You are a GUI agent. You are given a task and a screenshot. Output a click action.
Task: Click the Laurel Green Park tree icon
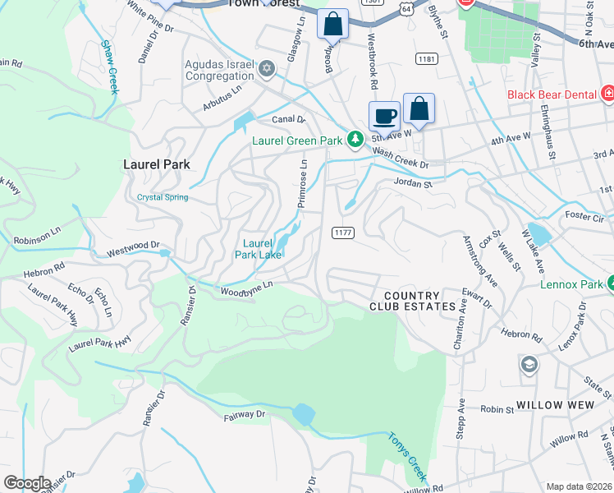pos(355,141)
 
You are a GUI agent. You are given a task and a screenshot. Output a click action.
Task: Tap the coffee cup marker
pos(383,116)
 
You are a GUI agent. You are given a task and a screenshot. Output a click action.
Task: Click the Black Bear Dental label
pos(551,94)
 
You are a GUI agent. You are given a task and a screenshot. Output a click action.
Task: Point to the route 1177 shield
pos(343,233)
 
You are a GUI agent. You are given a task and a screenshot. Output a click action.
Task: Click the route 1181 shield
pos(426,59)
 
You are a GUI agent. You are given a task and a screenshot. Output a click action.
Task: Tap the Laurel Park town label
pos(156,164)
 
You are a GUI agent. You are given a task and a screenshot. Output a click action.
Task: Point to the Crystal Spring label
pos(163,197)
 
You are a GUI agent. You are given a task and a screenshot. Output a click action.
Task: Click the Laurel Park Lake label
pos(258,249)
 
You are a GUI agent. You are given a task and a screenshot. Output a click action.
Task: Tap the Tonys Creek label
pos(408,457)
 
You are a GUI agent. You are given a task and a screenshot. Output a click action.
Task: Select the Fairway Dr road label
pos(246,416)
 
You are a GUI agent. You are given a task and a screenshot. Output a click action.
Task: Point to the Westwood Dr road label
pos(131,246)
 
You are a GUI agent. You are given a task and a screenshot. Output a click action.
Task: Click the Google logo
pos(26,483)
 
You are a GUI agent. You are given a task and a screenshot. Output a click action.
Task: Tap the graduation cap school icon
pos(529,363)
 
